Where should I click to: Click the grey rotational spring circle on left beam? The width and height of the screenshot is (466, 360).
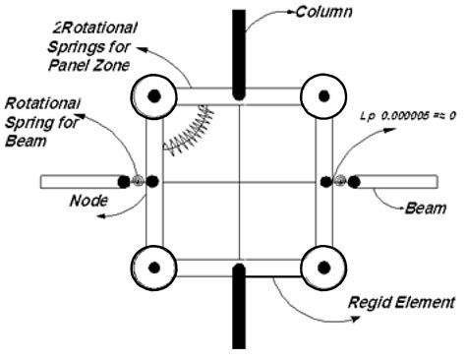pos(138,182)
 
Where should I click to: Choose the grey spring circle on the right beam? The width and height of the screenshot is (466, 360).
pos(340,181)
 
